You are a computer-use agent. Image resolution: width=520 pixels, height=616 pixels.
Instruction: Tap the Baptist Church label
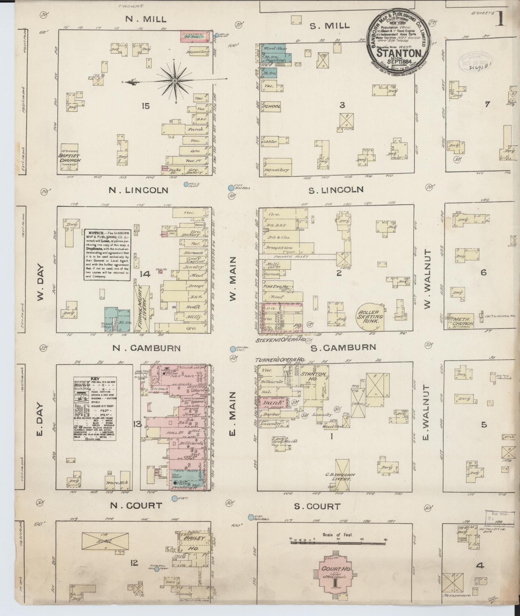click(70, 159)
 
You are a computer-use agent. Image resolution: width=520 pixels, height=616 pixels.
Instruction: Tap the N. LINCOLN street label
click(138, 191)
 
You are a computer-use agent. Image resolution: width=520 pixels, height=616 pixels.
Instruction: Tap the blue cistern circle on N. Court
click(174, 498)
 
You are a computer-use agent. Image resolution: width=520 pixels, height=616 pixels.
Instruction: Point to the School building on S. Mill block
click(271, 106)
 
